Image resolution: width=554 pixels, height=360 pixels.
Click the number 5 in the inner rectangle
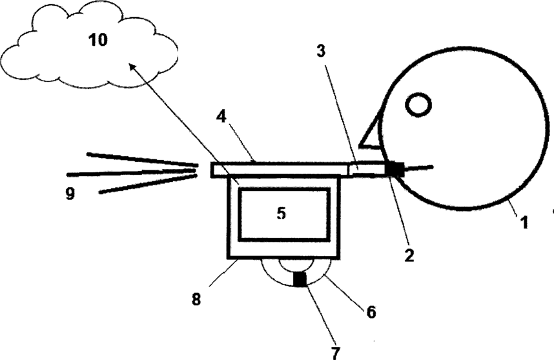click(282, 214)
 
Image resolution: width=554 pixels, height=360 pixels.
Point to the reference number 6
click(371, 312)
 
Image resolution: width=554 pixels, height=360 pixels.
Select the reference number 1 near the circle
click(524, 223)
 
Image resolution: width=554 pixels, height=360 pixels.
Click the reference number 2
click(408, 254)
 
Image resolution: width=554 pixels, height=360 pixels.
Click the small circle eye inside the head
click(419, 105)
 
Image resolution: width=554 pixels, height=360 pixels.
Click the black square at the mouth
click(394, 169)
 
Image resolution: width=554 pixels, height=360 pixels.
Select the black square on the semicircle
click(300, 280)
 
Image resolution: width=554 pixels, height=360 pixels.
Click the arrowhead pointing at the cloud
click(132, 66)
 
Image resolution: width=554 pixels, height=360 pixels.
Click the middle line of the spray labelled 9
click(129, 173)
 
